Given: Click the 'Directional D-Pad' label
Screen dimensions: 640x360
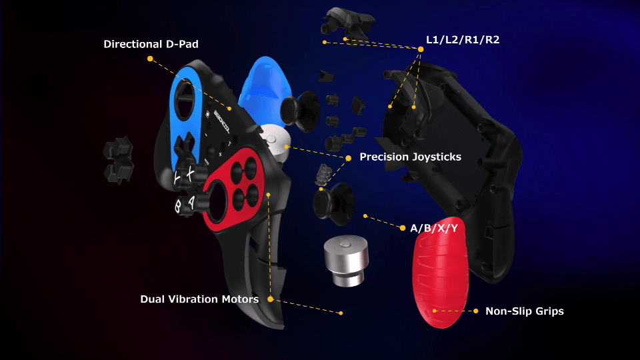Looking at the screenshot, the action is point(151,44).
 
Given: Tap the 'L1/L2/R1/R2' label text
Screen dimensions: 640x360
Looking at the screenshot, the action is point(463,39).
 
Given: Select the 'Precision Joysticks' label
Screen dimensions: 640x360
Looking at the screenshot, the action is point(410,157).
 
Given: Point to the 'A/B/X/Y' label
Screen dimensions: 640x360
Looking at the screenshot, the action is point(434,228).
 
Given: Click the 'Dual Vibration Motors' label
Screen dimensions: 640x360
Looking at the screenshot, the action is point(199,299).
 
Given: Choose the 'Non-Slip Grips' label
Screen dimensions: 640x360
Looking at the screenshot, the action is point(525,311).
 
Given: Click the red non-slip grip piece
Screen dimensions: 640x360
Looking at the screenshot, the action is point(440,272).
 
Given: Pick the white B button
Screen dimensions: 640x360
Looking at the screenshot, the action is point(179,206).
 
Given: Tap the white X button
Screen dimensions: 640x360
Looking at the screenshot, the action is point(191,174).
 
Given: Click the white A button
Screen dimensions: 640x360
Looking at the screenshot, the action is point(191,202).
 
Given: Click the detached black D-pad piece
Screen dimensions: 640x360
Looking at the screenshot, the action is point(119,160).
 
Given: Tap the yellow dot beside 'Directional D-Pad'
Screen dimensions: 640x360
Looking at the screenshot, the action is point(150,59).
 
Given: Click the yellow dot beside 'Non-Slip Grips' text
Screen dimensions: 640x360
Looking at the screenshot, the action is point(475,311).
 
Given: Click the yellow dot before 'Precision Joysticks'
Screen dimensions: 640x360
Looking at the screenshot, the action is point(348,158).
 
